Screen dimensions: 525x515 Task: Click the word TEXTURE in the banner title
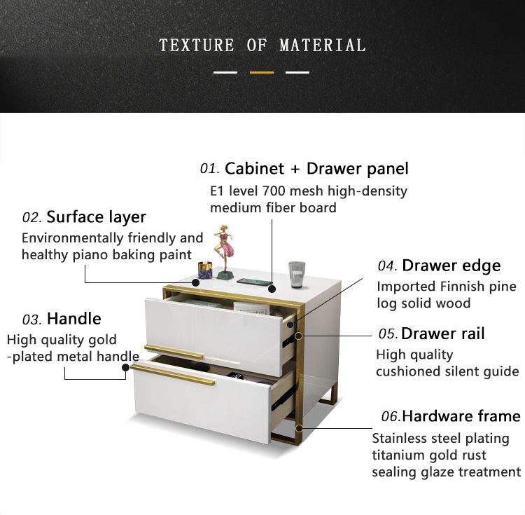coord(197,46)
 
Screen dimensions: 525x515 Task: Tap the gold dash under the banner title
coord(262,72)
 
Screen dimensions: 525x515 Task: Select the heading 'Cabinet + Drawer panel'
coord(316,168)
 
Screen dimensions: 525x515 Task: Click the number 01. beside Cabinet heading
coord(209,169)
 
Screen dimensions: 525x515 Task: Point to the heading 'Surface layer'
coord(96,217)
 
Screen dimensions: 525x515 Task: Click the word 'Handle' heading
coord(74,318)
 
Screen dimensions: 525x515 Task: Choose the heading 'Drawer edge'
coord(451,266)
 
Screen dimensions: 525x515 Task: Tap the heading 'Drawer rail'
coord(442,334)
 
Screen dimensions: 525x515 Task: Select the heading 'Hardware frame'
coord(461,416)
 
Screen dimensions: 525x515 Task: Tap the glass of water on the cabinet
coord(297,275)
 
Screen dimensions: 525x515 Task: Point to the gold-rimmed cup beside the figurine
coord(205,270)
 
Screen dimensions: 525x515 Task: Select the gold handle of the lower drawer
coord(173,375)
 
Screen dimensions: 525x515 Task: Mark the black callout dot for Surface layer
coord(195,282)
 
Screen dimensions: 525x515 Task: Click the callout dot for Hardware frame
coord(299,428)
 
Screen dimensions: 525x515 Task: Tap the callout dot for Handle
coord(125,368)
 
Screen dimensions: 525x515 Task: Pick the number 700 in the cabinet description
coord(274,191)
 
